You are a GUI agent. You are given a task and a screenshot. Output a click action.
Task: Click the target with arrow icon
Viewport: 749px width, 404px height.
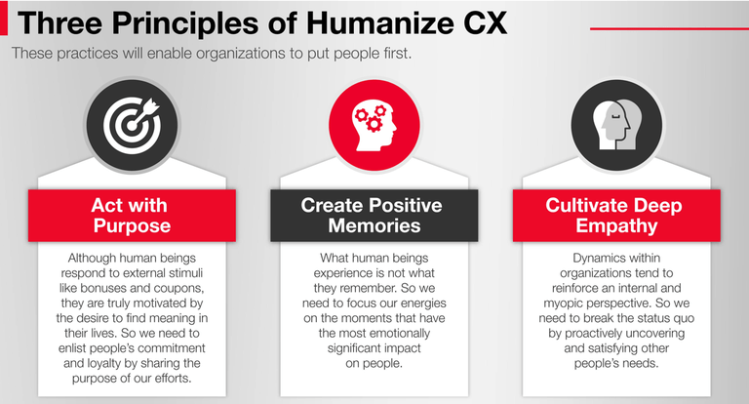pos(132,126)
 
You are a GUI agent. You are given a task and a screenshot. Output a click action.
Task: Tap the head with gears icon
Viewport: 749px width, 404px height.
pos(374,125)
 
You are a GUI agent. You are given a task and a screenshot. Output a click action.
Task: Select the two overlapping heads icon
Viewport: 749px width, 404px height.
pos(616,125)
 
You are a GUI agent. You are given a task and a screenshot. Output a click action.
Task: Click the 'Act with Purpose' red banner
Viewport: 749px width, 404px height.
pos(132,216)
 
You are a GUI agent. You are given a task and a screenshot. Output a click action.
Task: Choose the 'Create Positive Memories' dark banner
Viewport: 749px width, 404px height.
pos(374,216)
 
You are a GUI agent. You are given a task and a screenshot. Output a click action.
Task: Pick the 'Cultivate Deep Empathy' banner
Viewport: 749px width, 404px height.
pos(616,216)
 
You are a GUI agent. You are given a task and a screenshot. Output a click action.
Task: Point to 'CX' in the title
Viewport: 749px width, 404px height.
pos(486,22)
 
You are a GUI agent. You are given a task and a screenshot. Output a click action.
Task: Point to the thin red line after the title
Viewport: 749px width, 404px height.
pos(669,28)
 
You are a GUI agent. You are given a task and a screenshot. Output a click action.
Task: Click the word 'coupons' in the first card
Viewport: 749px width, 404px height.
pos(178,289)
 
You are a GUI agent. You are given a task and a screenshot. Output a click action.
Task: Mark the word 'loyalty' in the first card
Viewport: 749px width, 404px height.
pos(102,364)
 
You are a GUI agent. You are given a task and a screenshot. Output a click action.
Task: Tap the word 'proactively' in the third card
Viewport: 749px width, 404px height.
pos(593,334)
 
